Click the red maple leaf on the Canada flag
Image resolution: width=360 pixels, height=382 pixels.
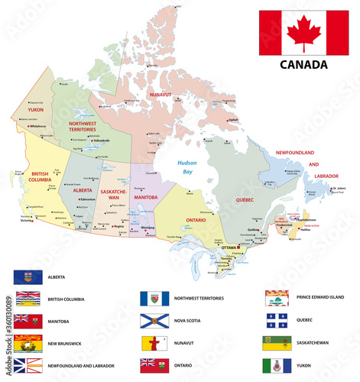click(303, 33)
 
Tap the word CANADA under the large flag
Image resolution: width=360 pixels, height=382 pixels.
click(303, 64)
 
